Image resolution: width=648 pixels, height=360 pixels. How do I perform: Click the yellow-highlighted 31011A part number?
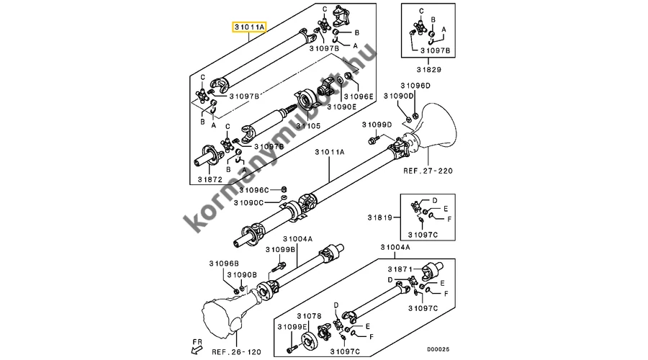249,27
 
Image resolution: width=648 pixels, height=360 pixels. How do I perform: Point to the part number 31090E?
341,107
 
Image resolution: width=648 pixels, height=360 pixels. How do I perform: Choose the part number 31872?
210,178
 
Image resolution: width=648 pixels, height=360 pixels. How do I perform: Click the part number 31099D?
377,124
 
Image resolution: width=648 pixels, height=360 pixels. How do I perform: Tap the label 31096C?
254,190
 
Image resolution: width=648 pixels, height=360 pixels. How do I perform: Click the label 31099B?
280,249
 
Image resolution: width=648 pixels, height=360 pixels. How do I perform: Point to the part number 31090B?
242,275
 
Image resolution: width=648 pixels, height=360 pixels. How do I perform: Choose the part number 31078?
310,316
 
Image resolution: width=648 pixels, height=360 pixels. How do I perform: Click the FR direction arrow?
192,349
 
